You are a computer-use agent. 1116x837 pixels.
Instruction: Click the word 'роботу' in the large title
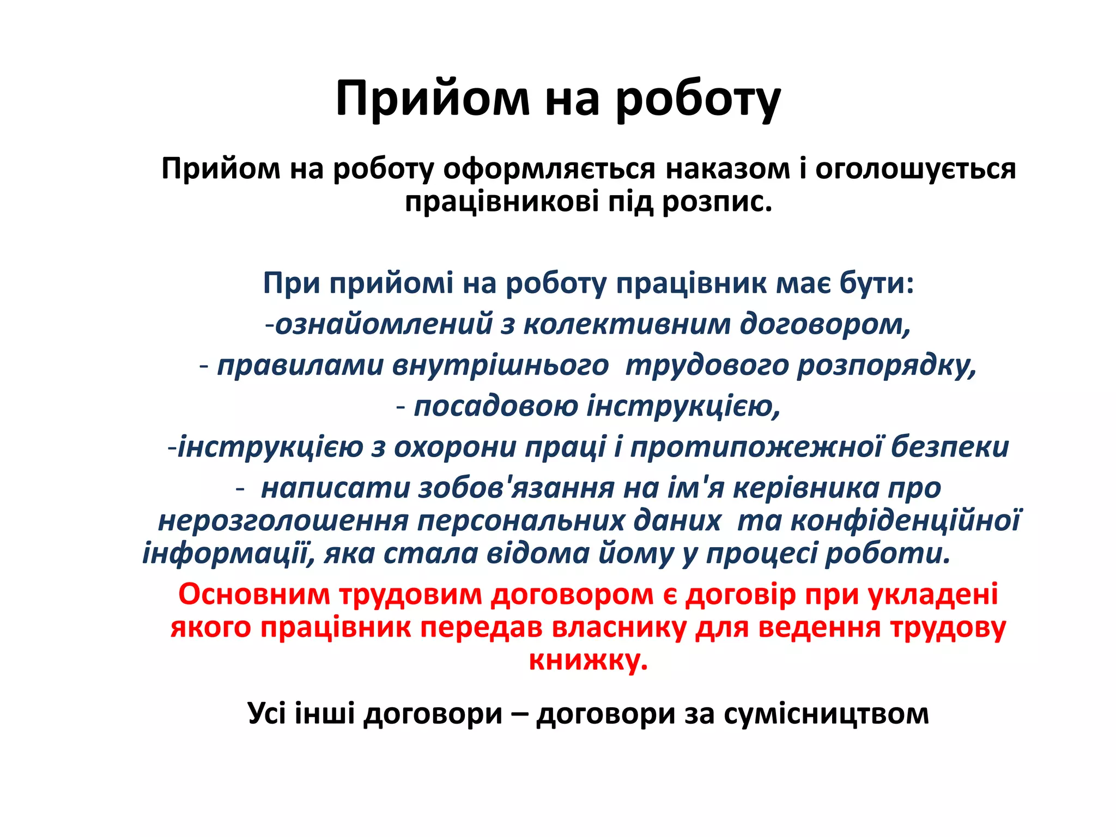tap(699, 99)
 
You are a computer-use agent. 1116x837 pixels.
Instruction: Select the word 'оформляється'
tap(549, 168)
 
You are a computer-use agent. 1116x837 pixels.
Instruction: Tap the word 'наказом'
tap(727, 168)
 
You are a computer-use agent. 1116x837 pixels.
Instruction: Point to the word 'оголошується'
tap(915, 168)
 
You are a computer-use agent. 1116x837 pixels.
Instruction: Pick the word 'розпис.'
tap(718, 202)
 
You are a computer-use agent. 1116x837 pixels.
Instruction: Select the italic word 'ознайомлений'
tap(384, 324)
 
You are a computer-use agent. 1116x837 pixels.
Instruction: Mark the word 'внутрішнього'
tap(500, 365)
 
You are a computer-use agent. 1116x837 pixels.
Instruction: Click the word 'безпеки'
tap(950, 447)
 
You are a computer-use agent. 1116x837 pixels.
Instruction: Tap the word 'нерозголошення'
tap(283, 520)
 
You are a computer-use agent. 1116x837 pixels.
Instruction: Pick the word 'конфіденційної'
tap(906, 520)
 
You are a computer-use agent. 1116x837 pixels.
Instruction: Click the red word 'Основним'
tap(254, 594)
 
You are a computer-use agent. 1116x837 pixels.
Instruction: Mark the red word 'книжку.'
tap(589, 660)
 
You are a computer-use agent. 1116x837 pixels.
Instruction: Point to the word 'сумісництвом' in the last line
tap(826, 713)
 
